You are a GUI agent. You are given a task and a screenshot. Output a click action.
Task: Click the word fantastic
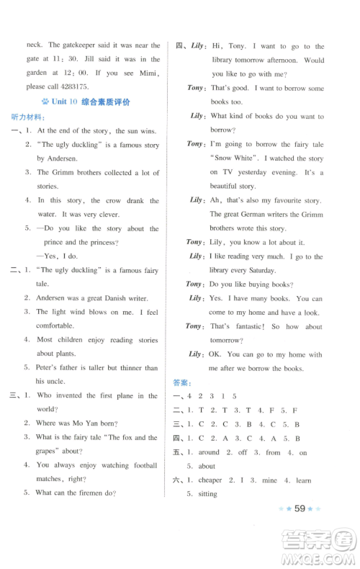249,326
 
